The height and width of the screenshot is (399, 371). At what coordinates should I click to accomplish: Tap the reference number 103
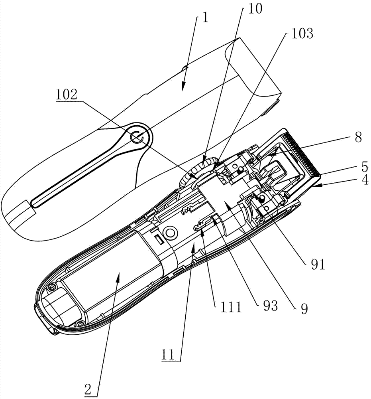coord(302,35)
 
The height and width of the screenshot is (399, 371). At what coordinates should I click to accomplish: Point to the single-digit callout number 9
coord(305,308)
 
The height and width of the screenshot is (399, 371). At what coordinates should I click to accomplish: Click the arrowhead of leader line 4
coord(315,185)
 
